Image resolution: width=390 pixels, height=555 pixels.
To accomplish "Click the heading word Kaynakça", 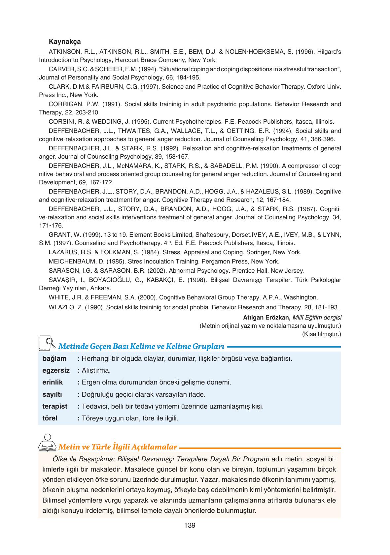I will coord(65,42).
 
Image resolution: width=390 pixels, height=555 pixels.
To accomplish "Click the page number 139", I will coord(190,525).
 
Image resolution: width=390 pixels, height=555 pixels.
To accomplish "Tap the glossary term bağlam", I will coord(54,358).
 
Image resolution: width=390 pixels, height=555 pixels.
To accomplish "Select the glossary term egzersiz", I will coord(56,370).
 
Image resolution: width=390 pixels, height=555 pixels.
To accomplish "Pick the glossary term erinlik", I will coord(53,383).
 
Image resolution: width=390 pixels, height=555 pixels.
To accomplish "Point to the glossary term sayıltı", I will coord(52,394).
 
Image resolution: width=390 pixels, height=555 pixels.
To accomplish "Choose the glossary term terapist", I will coord(55,406).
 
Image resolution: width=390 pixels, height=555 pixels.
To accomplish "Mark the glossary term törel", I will coord(50,418).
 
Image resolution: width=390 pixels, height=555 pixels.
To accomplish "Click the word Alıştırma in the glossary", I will coord(96,370).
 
